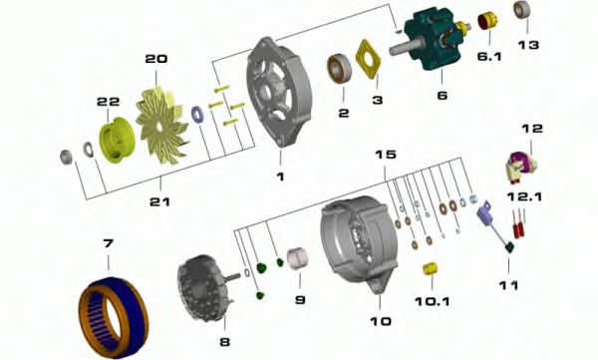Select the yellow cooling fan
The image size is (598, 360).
[x=161, y=124]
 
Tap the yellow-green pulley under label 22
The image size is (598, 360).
[x=114, y=140]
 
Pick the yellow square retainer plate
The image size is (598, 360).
[x=369, y=60]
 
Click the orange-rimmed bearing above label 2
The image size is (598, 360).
[x=339, y=69]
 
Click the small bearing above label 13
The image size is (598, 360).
[x=520, y=10]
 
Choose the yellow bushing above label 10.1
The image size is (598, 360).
[x=431, y=269]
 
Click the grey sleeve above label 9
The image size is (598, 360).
[x=298, y=259]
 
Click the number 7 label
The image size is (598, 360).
[x=109, y=243]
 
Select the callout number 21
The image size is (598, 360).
[x=159, y=201]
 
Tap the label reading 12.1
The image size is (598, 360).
[x=524, y=197]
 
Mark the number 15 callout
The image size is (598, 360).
[x=386, y=155]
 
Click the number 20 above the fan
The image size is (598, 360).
[x=156, y=59]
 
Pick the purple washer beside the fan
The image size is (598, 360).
[x=197, y=115]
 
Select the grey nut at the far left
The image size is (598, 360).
[x=67, y=157]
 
